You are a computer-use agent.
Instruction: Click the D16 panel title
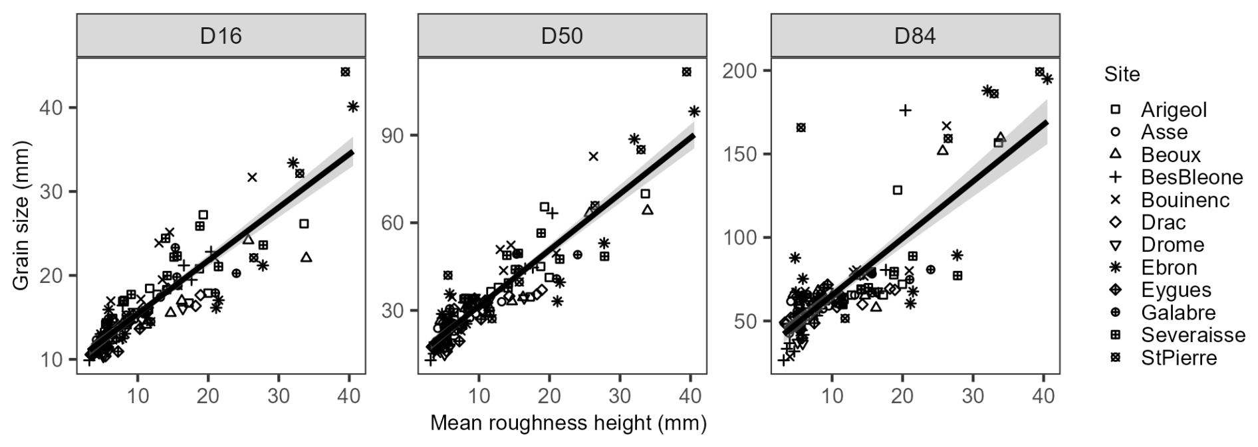click(221, 35)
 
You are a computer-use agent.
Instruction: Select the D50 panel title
click(562, 35)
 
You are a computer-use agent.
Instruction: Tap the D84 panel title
click(915, 35)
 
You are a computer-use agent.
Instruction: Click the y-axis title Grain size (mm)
click(21, 215)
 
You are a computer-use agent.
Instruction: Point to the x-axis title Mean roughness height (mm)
click(568, 423)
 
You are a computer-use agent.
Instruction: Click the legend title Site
click(1122, 74)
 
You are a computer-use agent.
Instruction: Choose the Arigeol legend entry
click(1174, 110)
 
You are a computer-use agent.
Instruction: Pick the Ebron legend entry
click(1169, 268)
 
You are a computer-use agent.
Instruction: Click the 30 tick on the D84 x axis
click(973, 395)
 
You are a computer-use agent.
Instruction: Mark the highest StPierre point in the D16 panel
click(345, 72)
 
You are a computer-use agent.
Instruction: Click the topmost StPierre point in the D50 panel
click(687, 72)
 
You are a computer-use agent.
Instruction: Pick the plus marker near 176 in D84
click(905, 110)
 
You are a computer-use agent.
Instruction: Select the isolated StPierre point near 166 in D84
click(801, 128)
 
